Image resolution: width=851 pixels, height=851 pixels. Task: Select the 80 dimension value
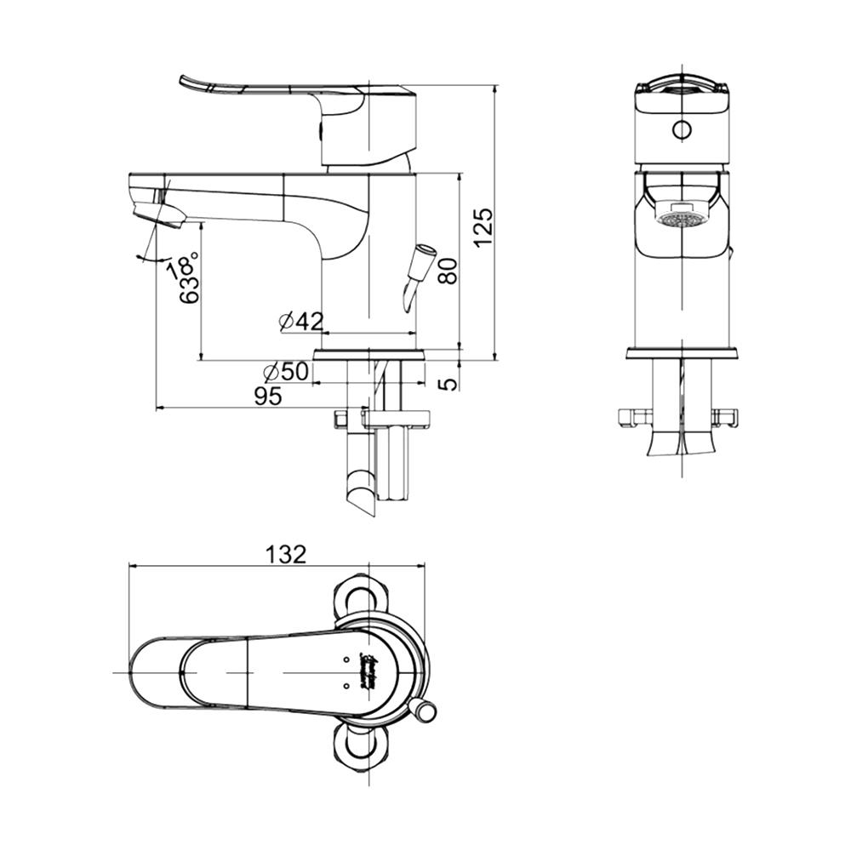[x=448, y=271]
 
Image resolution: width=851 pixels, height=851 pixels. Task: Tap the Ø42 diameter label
[x=301, y=321]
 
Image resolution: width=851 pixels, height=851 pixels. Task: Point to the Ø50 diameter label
[x=286, y=372]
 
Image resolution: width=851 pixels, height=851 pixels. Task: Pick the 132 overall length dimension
[x=285, y=554]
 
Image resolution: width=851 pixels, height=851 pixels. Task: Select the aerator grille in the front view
[x=682, y=220]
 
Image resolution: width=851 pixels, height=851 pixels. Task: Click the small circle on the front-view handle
[x=682, y=129]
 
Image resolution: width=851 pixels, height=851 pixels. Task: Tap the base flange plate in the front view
[x=682, y=353]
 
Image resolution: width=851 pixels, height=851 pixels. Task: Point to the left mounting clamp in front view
[x=634, y=417]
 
